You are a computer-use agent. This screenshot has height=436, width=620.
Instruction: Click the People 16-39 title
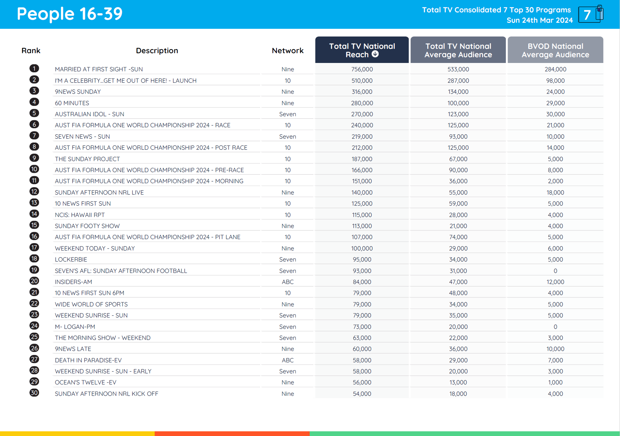70,14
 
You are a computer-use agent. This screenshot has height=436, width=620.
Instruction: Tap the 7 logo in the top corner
591,14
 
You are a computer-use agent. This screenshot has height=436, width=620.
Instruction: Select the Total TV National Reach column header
362,50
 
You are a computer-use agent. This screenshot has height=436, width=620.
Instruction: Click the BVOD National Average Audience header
555,50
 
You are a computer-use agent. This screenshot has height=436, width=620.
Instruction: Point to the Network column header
288,51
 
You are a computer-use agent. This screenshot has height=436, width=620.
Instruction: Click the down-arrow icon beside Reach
375,54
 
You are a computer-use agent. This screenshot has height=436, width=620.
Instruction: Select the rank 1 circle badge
34,69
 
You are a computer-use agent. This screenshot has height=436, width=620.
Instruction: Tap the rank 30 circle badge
34,393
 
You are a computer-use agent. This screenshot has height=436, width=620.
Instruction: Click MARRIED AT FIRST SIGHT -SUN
99,69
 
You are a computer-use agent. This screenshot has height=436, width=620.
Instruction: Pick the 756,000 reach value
362,69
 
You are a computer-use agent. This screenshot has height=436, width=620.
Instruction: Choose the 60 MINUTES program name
72,103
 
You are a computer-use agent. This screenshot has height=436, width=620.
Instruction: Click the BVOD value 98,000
555,81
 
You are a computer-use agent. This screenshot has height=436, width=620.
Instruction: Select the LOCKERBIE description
71,260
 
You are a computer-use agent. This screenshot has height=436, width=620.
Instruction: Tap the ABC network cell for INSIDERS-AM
288,282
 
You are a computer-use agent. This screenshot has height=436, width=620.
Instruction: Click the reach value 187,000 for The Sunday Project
362,159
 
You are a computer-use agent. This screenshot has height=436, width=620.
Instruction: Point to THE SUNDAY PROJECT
87,159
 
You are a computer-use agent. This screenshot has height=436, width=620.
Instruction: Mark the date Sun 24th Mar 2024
539,20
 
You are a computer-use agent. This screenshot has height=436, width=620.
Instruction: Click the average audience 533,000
458,69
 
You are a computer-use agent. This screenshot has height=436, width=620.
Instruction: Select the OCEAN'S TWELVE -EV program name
85,382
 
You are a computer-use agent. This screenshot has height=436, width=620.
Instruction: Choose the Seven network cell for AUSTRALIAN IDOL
288,114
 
